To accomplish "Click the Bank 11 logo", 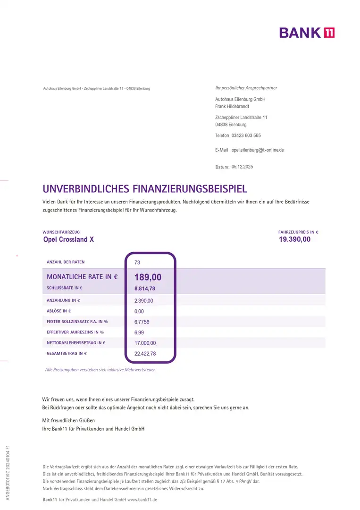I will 307,33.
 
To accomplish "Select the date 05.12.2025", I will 242,167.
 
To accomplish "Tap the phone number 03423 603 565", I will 246,136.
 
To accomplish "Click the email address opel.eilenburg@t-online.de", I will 258,150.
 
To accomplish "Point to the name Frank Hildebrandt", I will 232,107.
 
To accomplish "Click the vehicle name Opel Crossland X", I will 68,239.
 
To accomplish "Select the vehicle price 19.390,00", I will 295,239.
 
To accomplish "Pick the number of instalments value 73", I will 137,262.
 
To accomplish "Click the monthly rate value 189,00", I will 148,277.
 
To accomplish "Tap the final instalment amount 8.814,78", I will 145,289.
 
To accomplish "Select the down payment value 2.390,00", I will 143,301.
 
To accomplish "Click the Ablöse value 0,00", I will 139,312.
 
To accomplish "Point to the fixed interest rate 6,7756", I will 142,322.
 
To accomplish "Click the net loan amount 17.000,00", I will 145,343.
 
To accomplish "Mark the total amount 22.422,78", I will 145,354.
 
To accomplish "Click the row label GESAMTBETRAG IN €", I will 67,353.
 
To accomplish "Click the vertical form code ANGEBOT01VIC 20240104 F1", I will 8,472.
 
